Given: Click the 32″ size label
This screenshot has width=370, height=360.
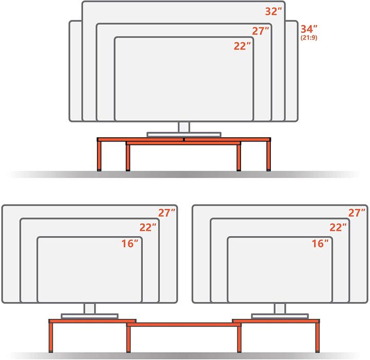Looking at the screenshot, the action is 273,12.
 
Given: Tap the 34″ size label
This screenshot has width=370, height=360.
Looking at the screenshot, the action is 309,29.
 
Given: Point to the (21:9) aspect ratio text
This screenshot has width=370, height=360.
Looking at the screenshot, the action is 309,38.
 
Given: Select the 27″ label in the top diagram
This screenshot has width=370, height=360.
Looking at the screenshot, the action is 261,31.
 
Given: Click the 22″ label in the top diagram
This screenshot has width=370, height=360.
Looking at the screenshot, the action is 243,46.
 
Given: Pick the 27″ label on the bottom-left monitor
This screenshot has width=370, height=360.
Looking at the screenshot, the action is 166,213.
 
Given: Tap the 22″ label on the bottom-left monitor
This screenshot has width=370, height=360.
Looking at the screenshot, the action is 148,227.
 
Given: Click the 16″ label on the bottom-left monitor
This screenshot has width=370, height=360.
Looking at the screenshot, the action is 130,244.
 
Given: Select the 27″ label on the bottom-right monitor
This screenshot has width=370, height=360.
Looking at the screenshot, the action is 357,213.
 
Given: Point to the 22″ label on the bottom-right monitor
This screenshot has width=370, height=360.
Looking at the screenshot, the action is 338,227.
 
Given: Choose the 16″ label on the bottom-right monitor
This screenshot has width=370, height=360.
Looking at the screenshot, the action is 320,244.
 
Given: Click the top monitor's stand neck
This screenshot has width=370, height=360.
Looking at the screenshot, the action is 184,127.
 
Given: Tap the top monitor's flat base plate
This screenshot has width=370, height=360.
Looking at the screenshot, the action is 184,135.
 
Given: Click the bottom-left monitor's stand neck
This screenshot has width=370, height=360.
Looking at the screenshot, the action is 89,309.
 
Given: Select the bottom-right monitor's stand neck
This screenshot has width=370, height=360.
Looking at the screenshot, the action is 280,309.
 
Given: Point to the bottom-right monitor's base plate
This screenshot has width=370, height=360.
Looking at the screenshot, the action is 280,316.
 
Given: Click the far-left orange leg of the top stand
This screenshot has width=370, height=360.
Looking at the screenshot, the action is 99,156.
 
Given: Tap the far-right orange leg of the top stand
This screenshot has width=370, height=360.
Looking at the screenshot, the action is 269,156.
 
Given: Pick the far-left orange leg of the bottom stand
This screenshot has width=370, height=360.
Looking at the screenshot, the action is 51,338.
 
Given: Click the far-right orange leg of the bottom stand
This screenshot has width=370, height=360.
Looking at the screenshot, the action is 318,338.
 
